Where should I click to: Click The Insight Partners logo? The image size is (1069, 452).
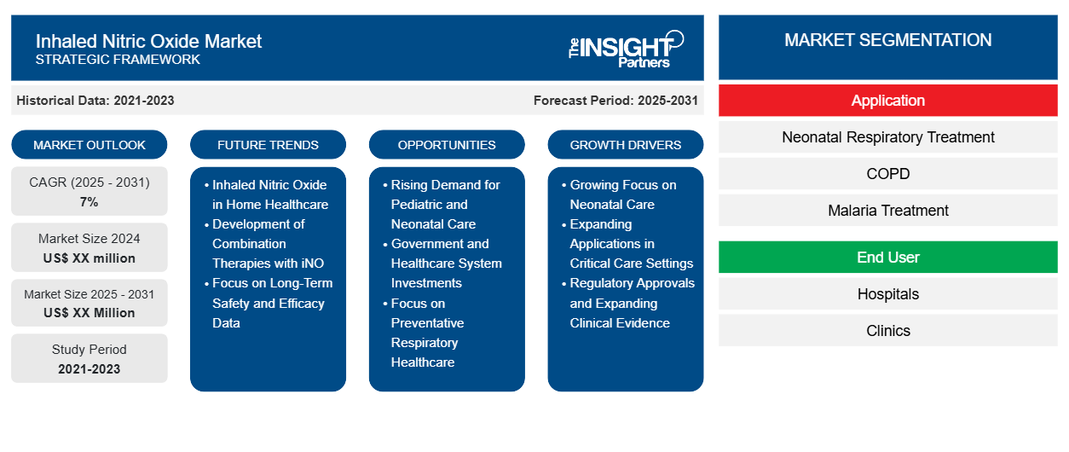click(626, 49)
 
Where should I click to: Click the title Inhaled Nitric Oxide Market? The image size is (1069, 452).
click(148, 42)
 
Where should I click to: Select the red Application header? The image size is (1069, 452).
click(887, 101)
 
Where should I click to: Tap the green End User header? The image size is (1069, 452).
click(887, 258)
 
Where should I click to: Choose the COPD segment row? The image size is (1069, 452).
click(887, 174)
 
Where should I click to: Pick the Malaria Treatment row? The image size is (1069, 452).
click(887, 211)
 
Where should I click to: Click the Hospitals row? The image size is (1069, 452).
click(887, 294)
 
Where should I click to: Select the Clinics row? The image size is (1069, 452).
click(887, 331)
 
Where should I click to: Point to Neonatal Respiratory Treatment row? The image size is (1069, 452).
click(887, 137)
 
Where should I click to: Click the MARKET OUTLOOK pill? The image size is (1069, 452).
click(90, 145)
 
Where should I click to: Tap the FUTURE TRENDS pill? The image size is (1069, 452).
click(268, 145)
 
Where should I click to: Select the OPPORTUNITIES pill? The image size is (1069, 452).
click(447, 145)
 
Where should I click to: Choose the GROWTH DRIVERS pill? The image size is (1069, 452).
click(625, 145)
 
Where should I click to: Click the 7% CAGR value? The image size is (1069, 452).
click(89, 202)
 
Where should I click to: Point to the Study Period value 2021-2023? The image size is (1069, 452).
click(89, 369)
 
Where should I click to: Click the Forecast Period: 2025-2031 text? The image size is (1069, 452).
click(615, 101)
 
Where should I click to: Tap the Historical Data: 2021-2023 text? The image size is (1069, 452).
click(95, 101)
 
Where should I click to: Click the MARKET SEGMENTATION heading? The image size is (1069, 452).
click(887, 40)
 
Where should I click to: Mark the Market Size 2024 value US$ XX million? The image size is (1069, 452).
click(89, 258)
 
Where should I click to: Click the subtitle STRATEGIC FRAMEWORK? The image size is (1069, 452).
click(118, 60)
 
